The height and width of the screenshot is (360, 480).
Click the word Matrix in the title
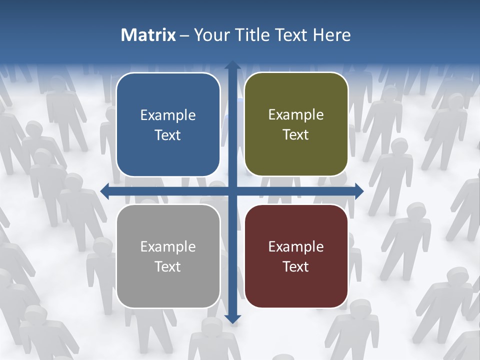pos(148,35)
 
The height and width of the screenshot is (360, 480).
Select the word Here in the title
pos(332,35)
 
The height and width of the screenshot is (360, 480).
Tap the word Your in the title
pos(209,35)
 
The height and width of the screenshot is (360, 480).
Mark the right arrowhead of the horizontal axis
pos(358,190)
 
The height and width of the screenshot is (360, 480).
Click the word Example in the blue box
pos(168,115)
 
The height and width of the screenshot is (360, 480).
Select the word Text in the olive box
pos(296,135)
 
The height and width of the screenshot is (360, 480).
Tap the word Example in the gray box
pos(168,247)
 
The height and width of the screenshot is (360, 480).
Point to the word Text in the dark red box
pos(296,267)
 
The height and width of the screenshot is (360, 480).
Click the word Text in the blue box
pos(168,135)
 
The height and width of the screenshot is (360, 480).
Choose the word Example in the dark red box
pos(296,247)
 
